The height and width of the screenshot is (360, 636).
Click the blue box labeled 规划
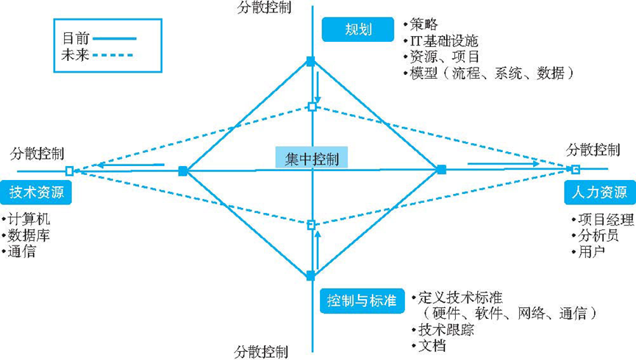(358, 29)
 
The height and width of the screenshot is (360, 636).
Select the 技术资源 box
(36, 192)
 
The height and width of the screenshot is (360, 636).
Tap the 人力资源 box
(599, 192)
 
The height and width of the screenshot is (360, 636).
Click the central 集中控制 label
(312, 159)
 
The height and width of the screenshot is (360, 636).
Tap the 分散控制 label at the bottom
(262, 352)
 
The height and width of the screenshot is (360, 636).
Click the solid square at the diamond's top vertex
(311, 62)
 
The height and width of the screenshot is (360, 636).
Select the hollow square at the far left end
(70, 170)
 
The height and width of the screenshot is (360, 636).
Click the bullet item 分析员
(598, 236)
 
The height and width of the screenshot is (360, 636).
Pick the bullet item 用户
(591, 252)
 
